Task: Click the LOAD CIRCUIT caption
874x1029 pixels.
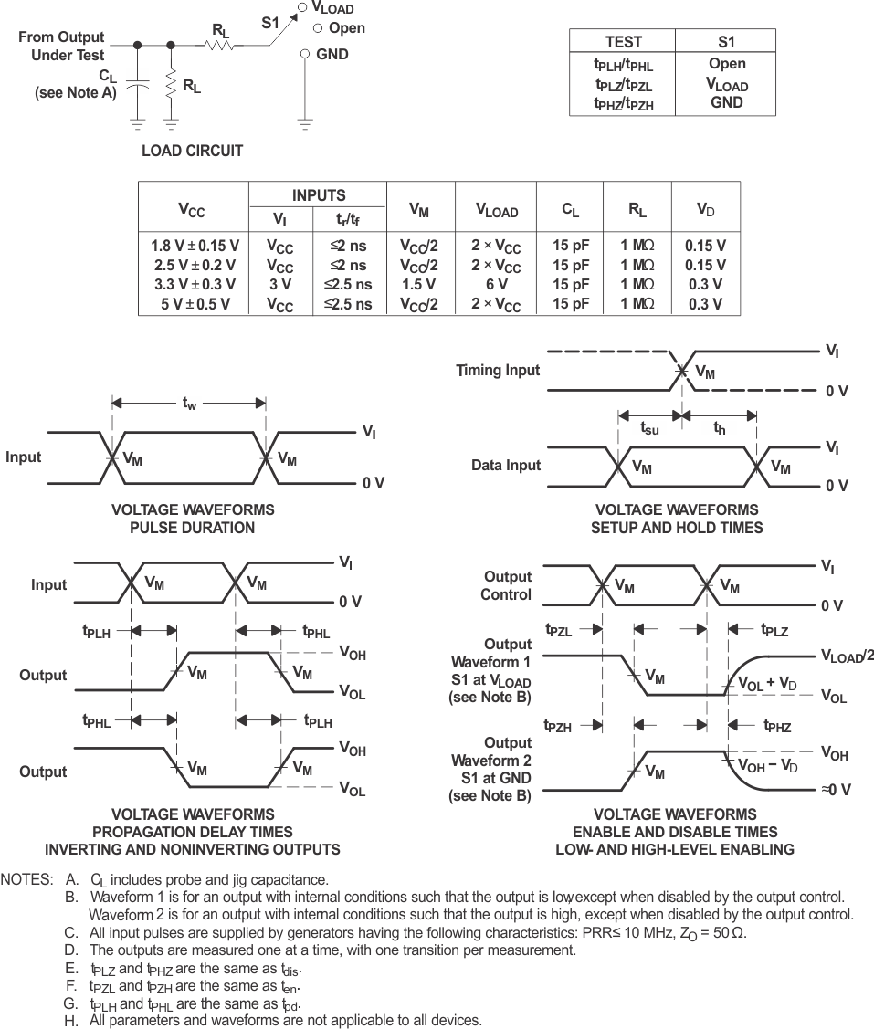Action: click(192, 151)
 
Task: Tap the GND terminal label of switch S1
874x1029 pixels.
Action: click(332, 54)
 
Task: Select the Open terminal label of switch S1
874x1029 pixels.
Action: click(346, 28)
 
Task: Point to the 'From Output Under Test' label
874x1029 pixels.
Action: click(62, 47)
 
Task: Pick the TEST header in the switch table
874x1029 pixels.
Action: click(623, 41)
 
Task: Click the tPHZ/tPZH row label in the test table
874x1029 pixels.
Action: click(623, 104)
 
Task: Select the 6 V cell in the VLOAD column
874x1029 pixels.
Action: click(497, 284)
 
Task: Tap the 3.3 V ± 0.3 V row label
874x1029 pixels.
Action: click(195, 284)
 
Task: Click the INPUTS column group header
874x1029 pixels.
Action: click(319, 195)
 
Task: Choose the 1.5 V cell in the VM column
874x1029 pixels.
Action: click(418, 284)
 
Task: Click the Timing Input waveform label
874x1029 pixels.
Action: click(498, 371)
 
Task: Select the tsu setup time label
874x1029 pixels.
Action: click(649, 428)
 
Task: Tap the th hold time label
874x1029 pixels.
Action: click(720, 428)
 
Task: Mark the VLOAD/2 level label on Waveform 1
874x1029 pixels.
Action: click(847, 656)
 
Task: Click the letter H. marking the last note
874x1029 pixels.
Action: click(71, 1020)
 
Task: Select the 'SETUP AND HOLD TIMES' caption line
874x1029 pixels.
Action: click(677, 527)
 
